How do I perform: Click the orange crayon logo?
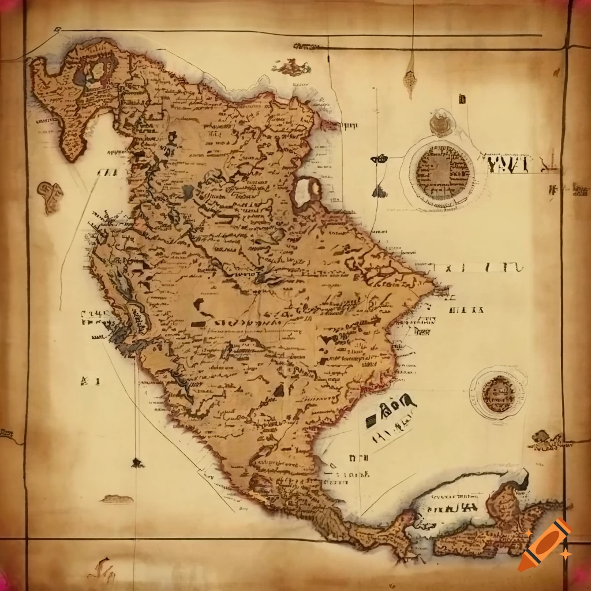(544, 545)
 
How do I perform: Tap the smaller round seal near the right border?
(498, 394)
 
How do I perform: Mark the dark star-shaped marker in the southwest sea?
(137, 462)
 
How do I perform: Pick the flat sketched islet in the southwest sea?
(117, 498)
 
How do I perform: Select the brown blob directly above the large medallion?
(441, 124)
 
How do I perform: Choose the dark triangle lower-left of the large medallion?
(379, 192)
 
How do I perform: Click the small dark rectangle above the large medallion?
(462, 99)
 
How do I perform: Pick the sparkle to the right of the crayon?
(566, 554)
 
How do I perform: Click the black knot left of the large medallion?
(379, 159)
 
